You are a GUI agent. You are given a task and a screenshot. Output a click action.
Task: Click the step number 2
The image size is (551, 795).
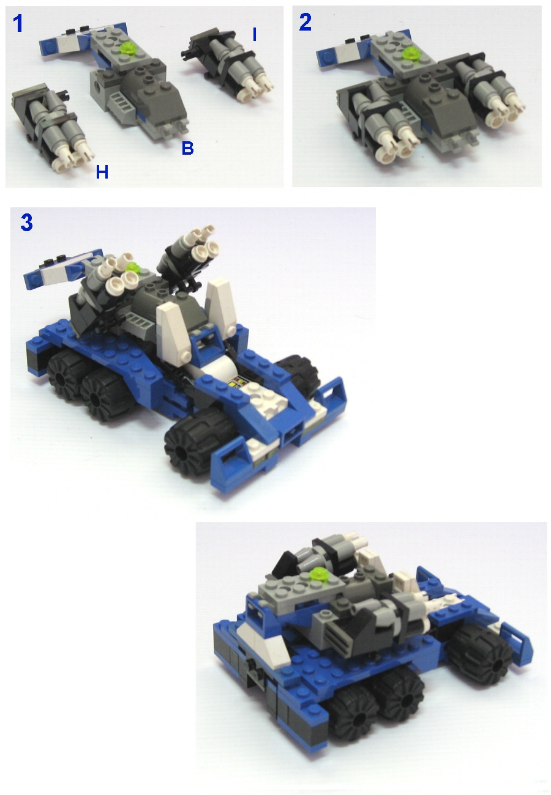click(x=305, y=23)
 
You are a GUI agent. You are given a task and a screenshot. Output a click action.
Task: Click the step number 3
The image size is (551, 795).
click(x=26, y=223)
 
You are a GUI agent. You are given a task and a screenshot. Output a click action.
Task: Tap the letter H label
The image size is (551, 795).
click(x=102, y=173)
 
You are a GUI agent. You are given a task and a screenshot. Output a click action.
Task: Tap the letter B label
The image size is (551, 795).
click(x=187, y=149)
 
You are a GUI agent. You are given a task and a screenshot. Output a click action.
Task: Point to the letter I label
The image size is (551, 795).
click(x=254, y=35)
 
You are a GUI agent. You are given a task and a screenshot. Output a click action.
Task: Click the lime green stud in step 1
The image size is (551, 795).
click(x=128, y=47)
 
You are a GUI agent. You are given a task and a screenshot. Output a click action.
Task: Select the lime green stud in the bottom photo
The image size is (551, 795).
click(x=319, y=574)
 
